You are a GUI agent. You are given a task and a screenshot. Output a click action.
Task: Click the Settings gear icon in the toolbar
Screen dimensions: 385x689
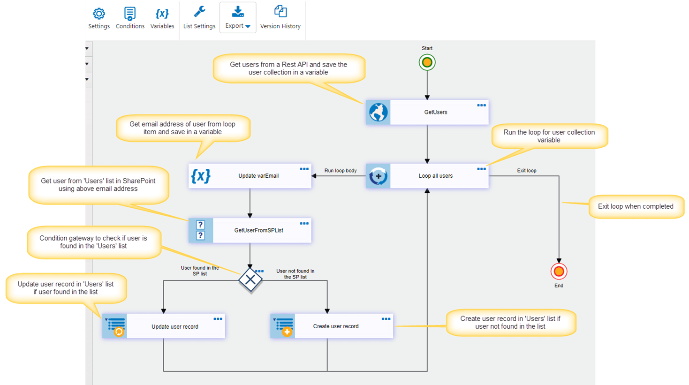[99, 14]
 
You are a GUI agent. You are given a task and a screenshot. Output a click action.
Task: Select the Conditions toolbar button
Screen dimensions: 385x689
[130, 14]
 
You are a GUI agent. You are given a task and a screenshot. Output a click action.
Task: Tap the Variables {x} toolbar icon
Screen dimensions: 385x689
[162, 14]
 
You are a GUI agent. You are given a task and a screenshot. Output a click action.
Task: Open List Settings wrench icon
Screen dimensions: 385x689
[199, 12]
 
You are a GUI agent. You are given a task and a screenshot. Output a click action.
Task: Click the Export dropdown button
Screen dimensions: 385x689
[238, 18]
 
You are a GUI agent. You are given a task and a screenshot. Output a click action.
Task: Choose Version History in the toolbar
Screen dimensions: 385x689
[280, 12]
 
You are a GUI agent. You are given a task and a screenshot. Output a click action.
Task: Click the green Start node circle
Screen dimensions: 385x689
[427, 62]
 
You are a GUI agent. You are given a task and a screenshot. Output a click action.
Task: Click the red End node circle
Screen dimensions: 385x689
[559, 271]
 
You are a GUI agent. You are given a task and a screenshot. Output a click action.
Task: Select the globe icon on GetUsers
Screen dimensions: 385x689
[378, 113]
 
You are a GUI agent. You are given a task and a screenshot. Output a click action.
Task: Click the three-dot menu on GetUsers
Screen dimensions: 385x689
[481, 106]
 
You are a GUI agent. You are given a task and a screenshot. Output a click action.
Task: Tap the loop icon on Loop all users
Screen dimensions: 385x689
[378, 176]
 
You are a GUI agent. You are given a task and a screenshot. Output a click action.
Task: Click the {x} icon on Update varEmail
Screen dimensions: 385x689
[201, 176]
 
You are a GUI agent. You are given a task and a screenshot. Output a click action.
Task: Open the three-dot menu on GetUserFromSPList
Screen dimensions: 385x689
[304, 224]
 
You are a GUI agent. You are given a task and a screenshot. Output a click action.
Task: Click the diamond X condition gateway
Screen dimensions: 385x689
[250, 280]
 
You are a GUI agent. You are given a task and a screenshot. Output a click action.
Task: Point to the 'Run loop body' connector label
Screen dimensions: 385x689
[341, 171]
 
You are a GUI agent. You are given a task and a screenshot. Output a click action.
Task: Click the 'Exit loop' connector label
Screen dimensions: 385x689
[526, 171]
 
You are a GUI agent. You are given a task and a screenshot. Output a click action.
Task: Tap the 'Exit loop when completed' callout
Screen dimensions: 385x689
[635, 206]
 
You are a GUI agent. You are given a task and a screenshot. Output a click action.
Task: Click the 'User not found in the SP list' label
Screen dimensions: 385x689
[295, 274]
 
